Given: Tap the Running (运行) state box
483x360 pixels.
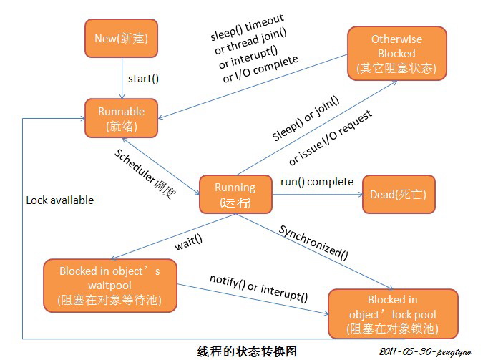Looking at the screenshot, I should coord(235,194).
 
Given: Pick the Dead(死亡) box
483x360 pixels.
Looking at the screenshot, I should coord(398,194).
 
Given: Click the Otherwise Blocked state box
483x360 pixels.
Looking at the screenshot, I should coord(396,53).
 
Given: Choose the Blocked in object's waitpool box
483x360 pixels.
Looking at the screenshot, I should coord(109,286).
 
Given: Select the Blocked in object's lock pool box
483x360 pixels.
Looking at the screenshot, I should coord(392,313).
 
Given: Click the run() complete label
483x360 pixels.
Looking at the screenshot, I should coord(316,182).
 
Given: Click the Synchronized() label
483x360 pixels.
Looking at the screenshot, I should coord(313,241).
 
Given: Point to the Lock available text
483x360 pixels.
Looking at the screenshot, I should coord(59,200).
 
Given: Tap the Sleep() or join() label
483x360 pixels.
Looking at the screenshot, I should coord(306,118).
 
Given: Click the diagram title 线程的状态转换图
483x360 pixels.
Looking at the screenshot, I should coord(246,351).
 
